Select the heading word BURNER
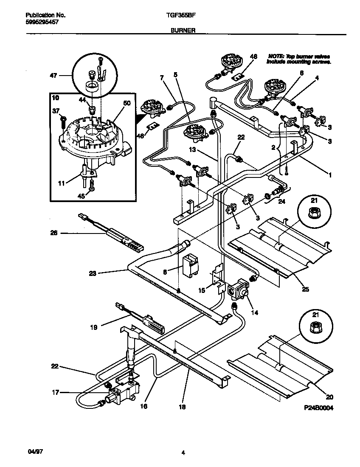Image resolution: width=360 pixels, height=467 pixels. tap(183, 31)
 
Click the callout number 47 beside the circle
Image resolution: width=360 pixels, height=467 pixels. tap(53, 75)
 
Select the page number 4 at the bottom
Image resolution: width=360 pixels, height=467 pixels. tap(183, 453)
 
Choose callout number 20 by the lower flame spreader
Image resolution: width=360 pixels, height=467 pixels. tap(330, 397)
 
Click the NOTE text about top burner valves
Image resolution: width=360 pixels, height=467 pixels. tap(298, 59)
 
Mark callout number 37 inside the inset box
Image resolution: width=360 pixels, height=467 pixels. tap(55, 111)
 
